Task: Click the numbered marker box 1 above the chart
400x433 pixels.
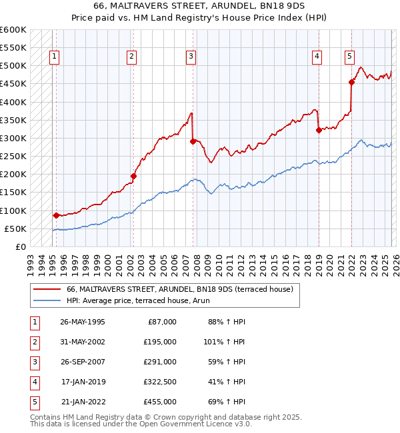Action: (54, 57)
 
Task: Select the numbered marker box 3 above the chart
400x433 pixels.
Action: (191, 57)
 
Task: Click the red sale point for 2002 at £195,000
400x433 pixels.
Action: (133, 177)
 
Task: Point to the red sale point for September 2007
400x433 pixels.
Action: (193, 141)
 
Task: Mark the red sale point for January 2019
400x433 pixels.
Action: (319, 130)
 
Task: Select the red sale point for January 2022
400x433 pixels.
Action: (351, 83)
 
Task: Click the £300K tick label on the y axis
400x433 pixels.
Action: (13, 138)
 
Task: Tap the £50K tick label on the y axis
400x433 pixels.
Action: (15, 228)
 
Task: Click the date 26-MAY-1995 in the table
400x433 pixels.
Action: (82, 322)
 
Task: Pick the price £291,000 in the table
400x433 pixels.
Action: (159, 362)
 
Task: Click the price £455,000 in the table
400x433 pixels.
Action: (159, 402)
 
